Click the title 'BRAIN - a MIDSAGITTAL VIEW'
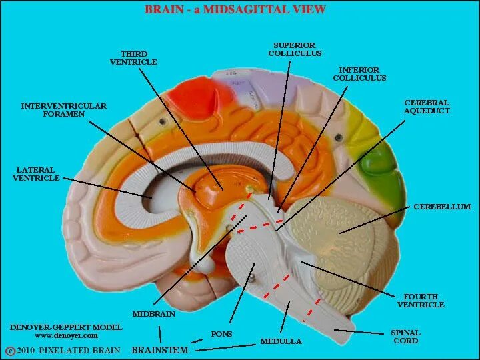(235, 9)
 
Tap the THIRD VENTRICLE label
(133, 58)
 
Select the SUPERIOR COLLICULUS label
(295, 49)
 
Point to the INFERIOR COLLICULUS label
(359, 74)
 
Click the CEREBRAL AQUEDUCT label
(427, 107)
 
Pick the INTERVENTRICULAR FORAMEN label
(64, 110)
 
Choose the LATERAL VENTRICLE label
(36, 174)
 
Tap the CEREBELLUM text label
(442, 207)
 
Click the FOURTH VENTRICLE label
(421, 301)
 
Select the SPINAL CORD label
(405, 337)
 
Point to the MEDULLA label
(281, 341)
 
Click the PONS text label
(221, 333)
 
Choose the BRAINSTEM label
(160, 349)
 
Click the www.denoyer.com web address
(66, 336)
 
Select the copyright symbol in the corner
(9, 351)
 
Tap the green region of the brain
(383, 161)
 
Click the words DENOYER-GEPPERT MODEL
(66, 327)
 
